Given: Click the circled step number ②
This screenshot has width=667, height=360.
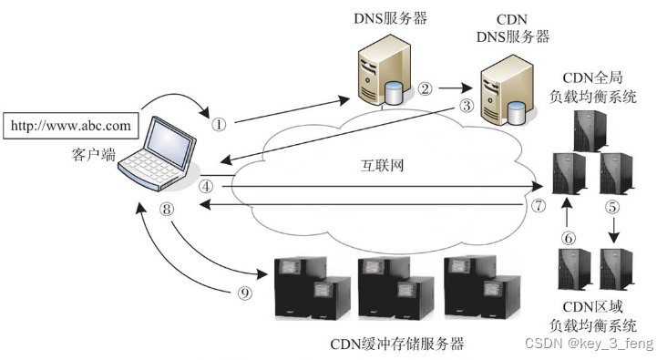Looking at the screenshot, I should [x=425, y=89].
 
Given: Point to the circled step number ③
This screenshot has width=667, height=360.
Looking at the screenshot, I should [x=467, y=106].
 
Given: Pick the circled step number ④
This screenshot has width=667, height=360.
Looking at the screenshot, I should [x=207, y=185].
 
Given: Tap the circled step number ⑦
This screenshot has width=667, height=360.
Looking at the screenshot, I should [x=539, y=206].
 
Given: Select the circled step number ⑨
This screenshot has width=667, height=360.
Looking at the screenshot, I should [x=243, y=294].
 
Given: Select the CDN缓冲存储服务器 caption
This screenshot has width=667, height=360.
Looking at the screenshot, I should [x=398, y=344].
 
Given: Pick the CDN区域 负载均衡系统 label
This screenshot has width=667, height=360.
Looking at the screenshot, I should [x=592, y=314].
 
